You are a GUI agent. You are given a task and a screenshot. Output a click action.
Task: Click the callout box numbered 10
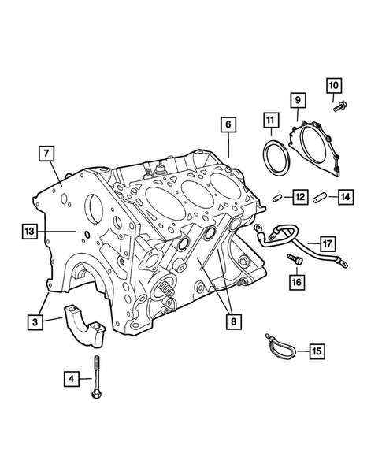click(334, 86)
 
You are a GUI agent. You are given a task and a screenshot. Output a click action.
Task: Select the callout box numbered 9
click(298, 100)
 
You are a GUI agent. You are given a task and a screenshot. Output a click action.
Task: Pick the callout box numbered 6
click(228, 124)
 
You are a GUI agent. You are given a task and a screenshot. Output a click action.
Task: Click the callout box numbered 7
click(46, 154)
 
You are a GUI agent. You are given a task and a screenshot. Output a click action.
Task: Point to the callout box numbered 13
click(30, 231)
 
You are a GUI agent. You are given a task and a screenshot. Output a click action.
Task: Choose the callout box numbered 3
click(35, 321)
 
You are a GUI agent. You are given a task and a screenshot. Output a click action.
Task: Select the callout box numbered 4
click(72, 378)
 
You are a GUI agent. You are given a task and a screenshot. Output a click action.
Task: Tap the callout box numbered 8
click(234, 321)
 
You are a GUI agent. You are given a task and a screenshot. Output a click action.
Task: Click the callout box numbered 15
click(317, 351)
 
